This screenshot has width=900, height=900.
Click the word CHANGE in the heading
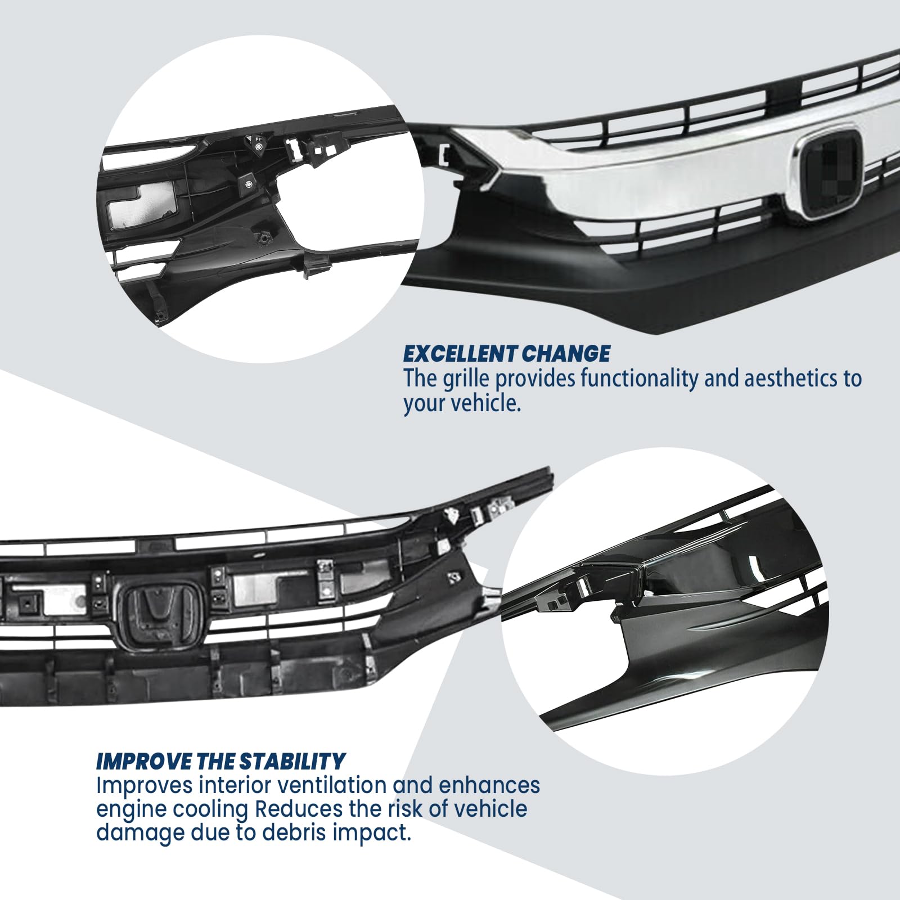(565, 354)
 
